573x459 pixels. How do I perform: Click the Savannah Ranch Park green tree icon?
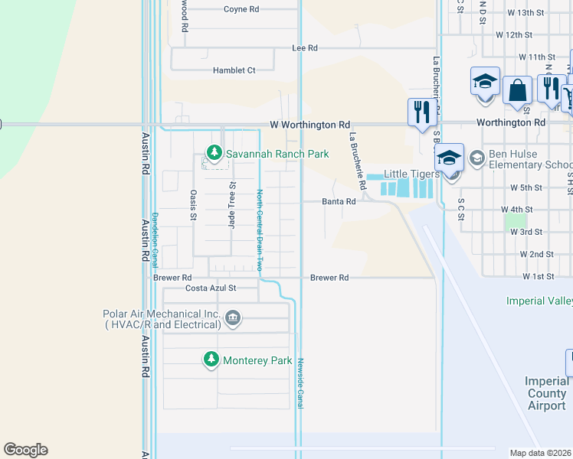tap(215, 154)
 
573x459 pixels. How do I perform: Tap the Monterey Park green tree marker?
tap(211, 360)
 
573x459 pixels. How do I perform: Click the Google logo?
tap(25, 449)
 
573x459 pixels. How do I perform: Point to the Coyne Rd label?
tap(241, 9)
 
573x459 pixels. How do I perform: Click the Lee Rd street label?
tap(304, 47)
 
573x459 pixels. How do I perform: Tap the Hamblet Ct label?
tap(234, 70)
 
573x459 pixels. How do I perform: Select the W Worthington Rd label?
tap(309, 124)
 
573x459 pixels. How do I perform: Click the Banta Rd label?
tap(339, 202)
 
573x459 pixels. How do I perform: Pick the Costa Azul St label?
tap(211, 288)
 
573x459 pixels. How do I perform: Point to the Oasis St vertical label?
tap(194, 204)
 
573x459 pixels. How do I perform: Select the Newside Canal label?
tap(301, 382)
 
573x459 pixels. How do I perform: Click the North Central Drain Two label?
tap(259, 229)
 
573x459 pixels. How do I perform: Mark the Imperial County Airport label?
tap(546, 393)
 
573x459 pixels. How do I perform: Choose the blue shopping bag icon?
tap(517, 90)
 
